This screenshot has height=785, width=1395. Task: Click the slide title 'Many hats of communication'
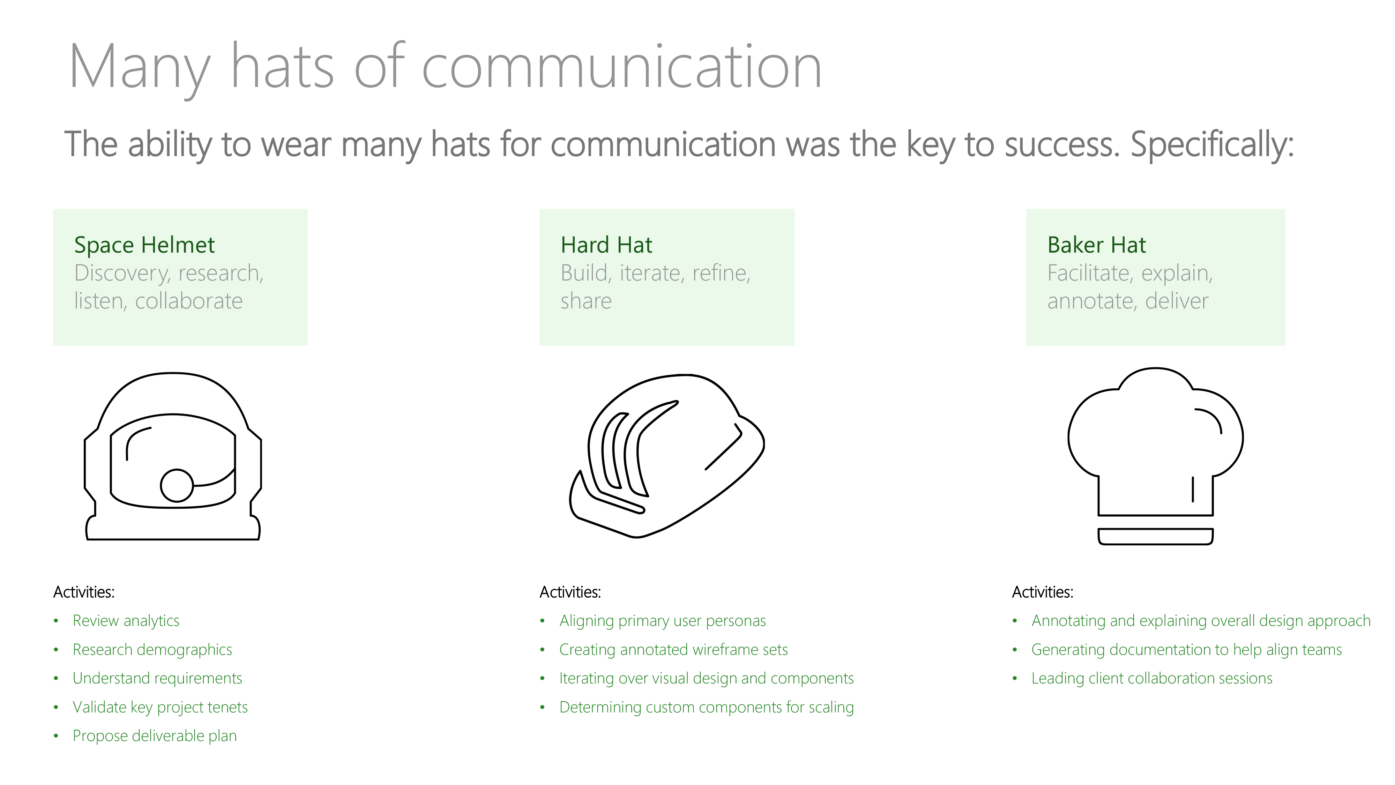pos(445,68)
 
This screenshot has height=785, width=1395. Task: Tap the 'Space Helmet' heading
pos(144,245)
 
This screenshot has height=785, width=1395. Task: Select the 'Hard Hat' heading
pos(606,245)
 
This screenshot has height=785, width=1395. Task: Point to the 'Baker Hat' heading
pos(1097,245)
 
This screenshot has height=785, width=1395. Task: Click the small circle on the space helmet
pos(177,470)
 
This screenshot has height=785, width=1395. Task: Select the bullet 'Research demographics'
pos(152,650)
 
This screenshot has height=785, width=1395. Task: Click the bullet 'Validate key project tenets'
pos(160,707)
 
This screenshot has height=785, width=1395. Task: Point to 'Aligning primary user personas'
pos(662,621)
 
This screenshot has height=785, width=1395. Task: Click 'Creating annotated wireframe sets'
pos(673,650)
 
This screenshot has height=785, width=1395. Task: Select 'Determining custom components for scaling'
pos(706,707)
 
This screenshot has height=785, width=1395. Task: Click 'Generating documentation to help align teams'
pos(1186,650)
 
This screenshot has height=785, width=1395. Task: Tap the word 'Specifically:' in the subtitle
pos(1212,145)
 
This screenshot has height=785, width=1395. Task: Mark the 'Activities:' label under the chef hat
pos(1043,592)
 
